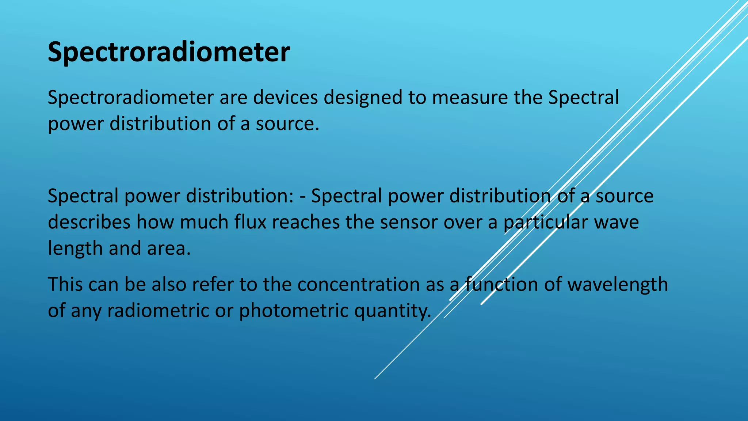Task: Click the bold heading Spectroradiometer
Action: pyautogui.click(x=169, y=52)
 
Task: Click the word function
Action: pyautogui.click(x=501, y=284)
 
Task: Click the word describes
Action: pyautogui.click(x=89, y=222)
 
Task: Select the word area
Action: pyautogui.click(x=168, y=249)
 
